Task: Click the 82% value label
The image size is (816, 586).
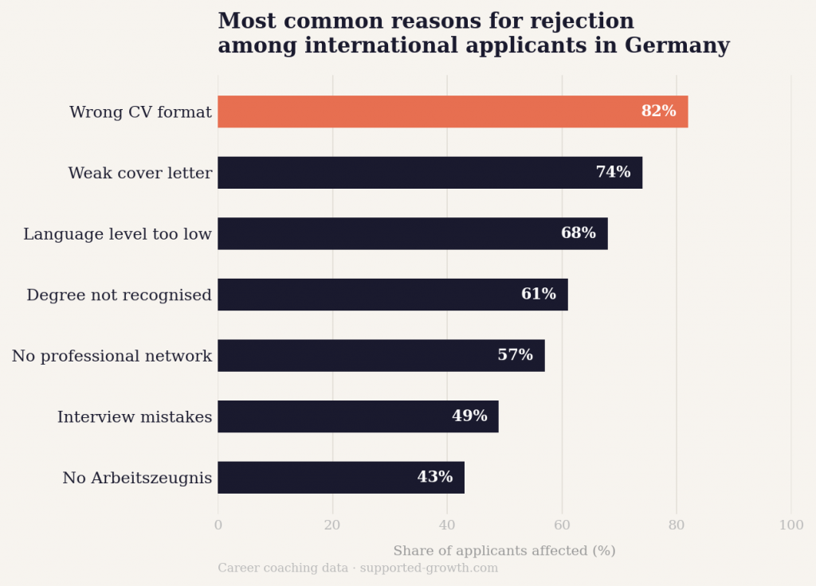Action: (658, 111)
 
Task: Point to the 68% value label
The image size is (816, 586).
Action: (578, 233)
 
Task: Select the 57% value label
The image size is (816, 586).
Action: (515, 355)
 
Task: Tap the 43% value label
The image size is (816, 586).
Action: (434, 477)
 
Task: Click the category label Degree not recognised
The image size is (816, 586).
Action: (119, 295)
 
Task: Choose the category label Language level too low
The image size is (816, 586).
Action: (117, 234)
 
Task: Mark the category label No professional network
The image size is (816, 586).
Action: (112, 356)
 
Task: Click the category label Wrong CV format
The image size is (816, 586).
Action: (140, 112)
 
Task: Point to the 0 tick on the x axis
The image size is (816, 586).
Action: (218, 525)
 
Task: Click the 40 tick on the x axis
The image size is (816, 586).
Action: (447, 525)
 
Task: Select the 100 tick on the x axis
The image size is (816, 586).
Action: (791, 525)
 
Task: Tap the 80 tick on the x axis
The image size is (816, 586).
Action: (677, 525)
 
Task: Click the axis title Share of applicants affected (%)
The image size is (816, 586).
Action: (504, 551)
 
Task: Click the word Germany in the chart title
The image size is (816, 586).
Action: (677, 46)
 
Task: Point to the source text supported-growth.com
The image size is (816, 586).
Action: (429, 568)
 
